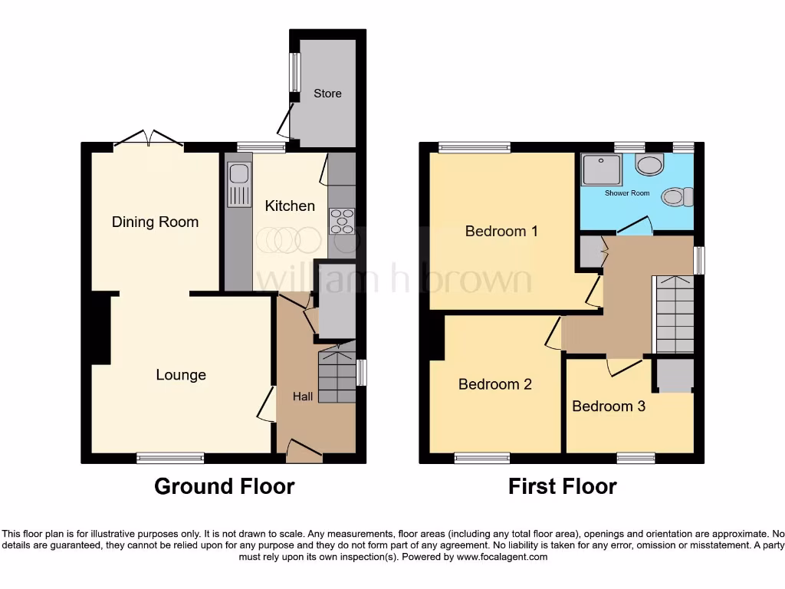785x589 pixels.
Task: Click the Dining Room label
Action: (155, 222)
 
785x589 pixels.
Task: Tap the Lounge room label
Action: (181, 375)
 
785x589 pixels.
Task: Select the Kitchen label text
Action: (290, 206)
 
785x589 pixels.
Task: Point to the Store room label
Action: (327, 94)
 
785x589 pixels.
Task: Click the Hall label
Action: (303, 397)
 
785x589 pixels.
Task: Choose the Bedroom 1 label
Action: (501, 231)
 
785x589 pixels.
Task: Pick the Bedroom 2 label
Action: (494, 384)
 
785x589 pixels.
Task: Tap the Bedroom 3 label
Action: (609, 406)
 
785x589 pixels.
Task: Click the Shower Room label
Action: (627, 193)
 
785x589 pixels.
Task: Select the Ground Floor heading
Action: (224, 486)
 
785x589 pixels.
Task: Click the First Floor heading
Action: (562, 486)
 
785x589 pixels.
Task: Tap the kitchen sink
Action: (238, 185)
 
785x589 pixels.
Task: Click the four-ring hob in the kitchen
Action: (341, 221)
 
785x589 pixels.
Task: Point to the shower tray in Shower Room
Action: (601, 169)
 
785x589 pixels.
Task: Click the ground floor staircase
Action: (337, 376)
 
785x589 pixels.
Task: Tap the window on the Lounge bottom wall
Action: (170, 458)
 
